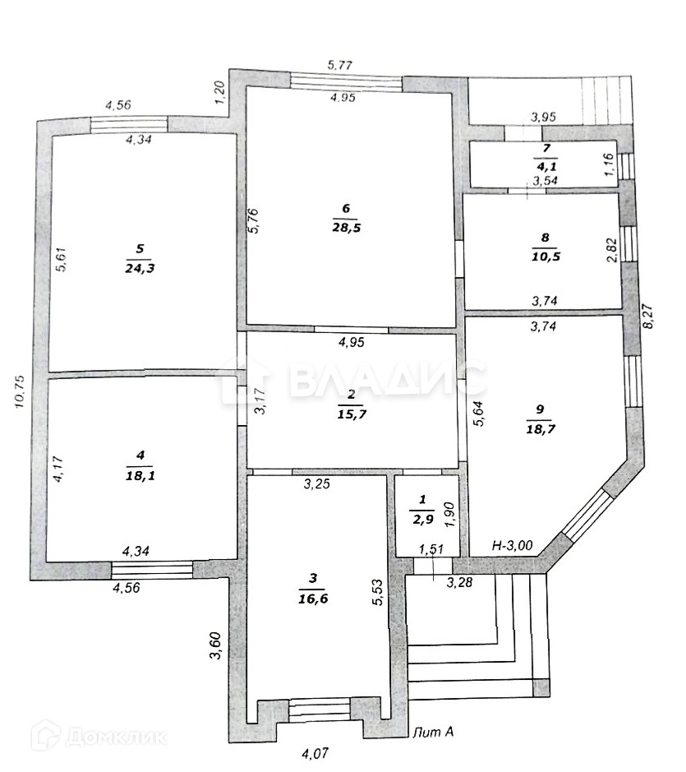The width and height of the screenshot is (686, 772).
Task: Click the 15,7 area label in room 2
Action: click(x=351, y=414)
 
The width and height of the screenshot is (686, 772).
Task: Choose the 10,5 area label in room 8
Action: click(x=544, y=256)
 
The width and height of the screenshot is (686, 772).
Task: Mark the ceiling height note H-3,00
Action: click(x=513, y=544)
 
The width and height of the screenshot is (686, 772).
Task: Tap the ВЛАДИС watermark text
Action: click(x=387, y=380)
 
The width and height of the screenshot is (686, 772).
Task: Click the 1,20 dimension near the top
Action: click(x=219, y=91)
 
